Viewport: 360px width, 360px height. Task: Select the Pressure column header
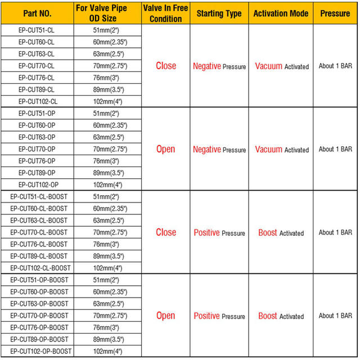(x=335, y=13)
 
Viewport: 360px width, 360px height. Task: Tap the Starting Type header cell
(x=219, y=13)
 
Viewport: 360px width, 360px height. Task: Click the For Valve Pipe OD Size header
(x=110, y=13)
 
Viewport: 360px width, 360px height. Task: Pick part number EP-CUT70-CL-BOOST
(x=38, y=232)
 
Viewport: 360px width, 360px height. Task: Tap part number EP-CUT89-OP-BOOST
(x=38, y=339)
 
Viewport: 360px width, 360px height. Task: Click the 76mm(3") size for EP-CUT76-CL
(x=110, y=78)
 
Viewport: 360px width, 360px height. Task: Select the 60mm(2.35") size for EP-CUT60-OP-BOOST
(x=110, y=292)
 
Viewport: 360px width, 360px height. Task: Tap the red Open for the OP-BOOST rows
(x=165, y=316)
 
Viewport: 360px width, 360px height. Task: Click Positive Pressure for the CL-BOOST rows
(x=219, y=233)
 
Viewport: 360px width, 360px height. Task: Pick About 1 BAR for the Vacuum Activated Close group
(x=335, y=66)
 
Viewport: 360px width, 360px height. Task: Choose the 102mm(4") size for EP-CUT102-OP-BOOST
(x=110, y=352)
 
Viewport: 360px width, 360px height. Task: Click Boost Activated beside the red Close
(x=281, y=233)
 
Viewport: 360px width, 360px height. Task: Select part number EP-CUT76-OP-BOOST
(x=38, y=327)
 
